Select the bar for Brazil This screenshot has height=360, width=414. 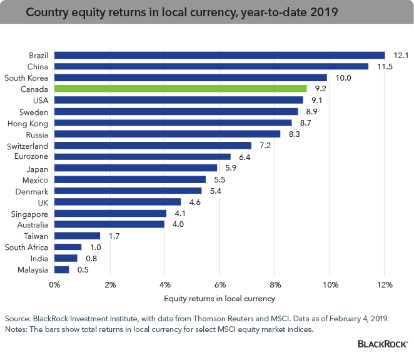click(219, 55)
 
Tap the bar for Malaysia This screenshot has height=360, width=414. click(61, 270)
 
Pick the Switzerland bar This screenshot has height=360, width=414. click(153, 146)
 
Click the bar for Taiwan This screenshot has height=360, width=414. click(77, 236)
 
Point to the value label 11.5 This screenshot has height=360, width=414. click(383, 66)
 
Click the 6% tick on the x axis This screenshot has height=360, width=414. click(220, 285)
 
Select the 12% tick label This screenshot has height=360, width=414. click(385, 285)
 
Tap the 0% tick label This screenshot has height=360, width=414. click(55, 285)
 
